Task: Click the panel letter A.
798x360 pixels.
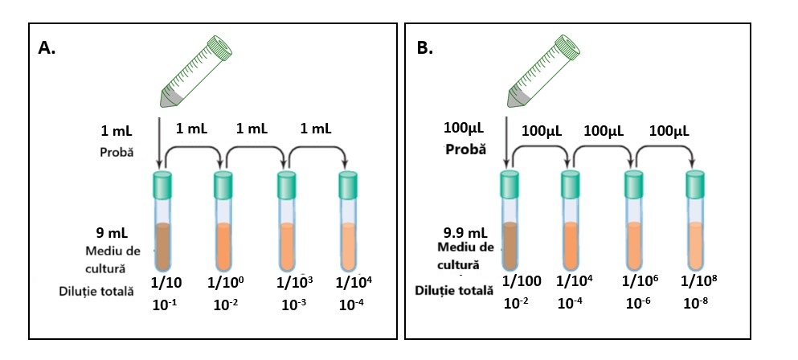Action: (47, 48)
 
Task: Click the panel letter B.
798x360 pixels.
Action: (424, 48)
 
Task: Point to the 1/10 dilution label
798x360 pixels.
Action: (167, 283)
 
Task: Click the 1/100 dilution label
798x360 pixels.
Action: (522, 281)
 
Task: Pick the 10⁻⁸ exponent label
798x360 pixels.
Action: (696, 303)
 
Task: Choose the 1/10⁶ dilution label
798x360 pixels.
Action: (640, 281)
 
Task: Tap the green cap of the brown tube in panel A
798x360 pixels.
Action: (163, 186)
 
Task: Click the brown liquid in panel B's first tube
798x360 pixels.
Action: (510, 244)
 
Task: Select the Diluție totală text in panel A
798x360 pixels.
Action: (97, 291)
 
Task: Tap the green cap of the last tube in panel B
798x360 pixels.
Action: (697, 186)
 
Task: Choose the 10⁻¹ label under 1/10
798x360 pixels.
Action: (164, 305)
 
